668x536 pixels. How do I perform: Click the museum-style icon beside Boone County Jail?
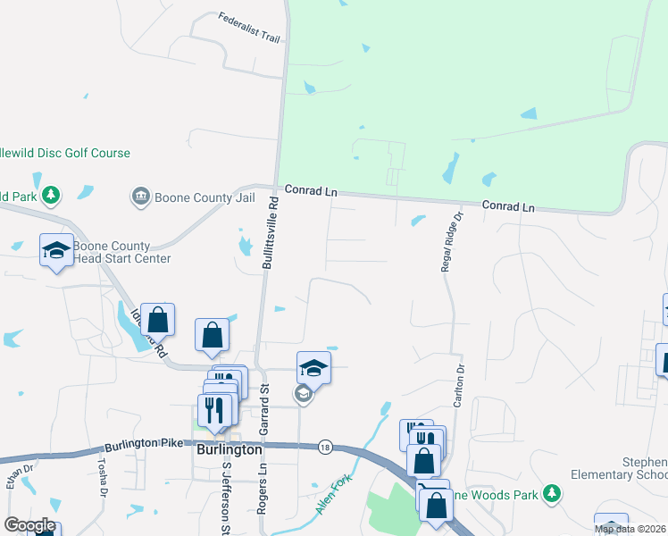140,196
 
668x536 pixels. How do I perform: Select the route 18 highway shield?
323,447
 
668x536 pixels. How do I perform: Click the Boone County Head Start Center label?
121,253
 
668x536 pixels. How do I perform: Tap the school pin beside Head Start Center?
56,250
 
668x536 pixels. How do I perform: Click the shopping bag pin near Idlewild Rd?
157,320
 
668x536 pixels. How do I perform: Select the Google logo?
29,525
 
